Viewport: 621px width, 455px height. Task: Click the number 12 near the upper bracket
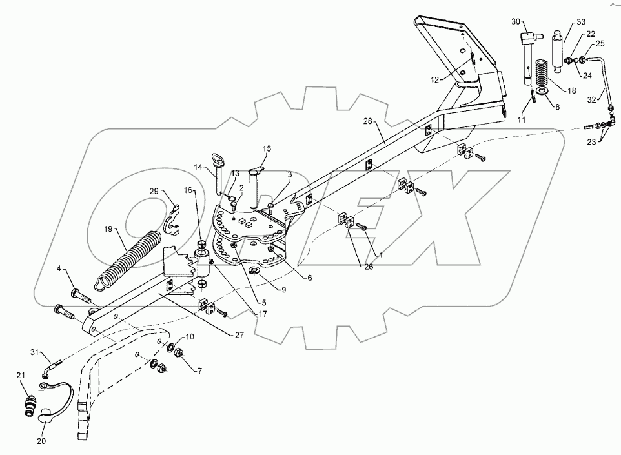pos(434,79)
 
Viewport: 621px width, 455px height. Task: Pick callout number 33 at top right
pos(582,22)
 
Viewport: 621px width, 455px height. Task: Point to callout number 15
pos(267,149)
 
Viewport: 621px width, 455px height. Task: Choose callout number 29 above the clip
pos(154,192)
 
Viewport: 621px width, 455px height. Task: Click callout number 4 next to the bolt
pos(57,268)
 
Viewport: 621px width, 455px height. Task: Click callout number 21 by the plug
pos(20,376)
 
